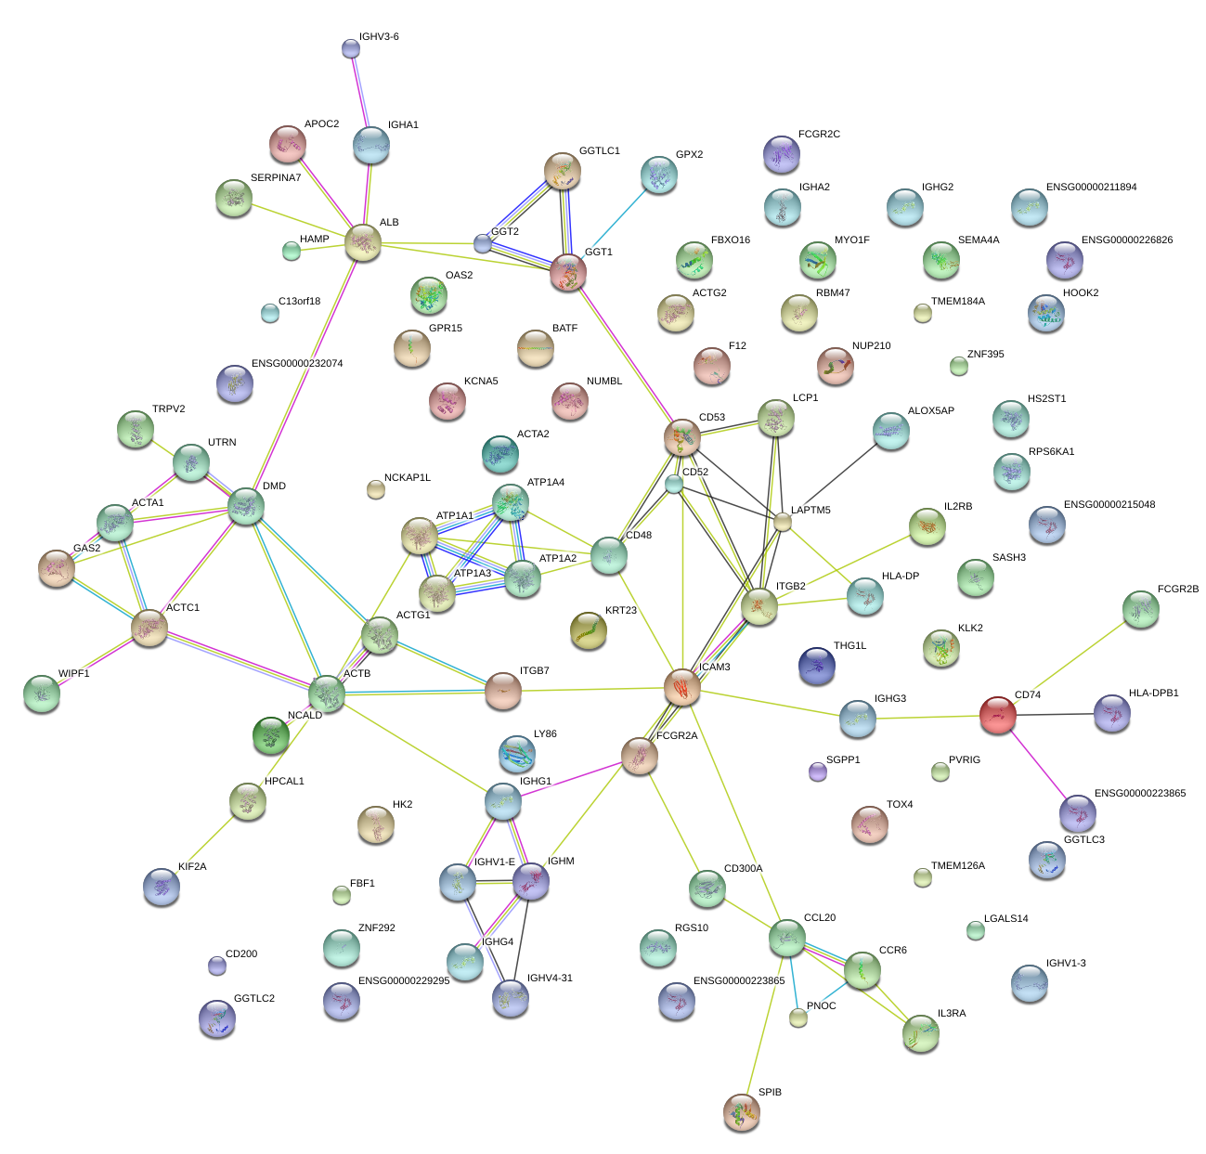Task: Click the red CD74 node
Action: pyautogui.click(x=998, y=715)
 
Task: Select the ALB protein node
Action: pyautogui.click(x=362, y=242)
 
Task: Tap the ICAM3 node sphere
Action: pyautogui.click(x=682, y=688)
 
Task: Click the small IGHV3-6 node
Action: pyautogui.click(x=351, y=48)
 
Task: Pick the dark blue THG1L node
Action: pyautogui.click(x=817, y=665)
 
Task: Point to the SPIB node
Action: pyautogui.click(x=741, y=1110)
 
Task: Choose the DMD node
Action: pyautogui.click(x=246, y=506)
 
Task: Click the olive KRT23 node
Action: pyautogui.click(x=588, y=630)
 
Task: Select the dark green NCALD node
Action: pyautogui.click(x=271, y=735)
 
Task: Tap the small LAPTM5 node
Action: pyautogui.click(x=783, y=522)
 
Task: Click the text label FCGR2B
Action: pyautogui.click(x=1178, y=590)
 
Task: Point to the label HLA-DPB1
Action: pyautogui.click(x=1153, y=694)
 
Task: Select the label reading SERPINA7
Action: pyautogui.click(x=276, y=178)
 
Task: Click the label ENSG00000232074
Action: pyautogui.click(x=297, y=364)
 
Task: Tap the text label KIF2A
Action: pyautogui.click(x=192, y=867)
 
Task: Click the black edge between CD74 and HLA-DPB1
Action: pyautogui.click(x=1056, y=714)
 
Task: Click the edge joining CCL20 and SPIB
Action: pyautogui.click(x=764, y=1021)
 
